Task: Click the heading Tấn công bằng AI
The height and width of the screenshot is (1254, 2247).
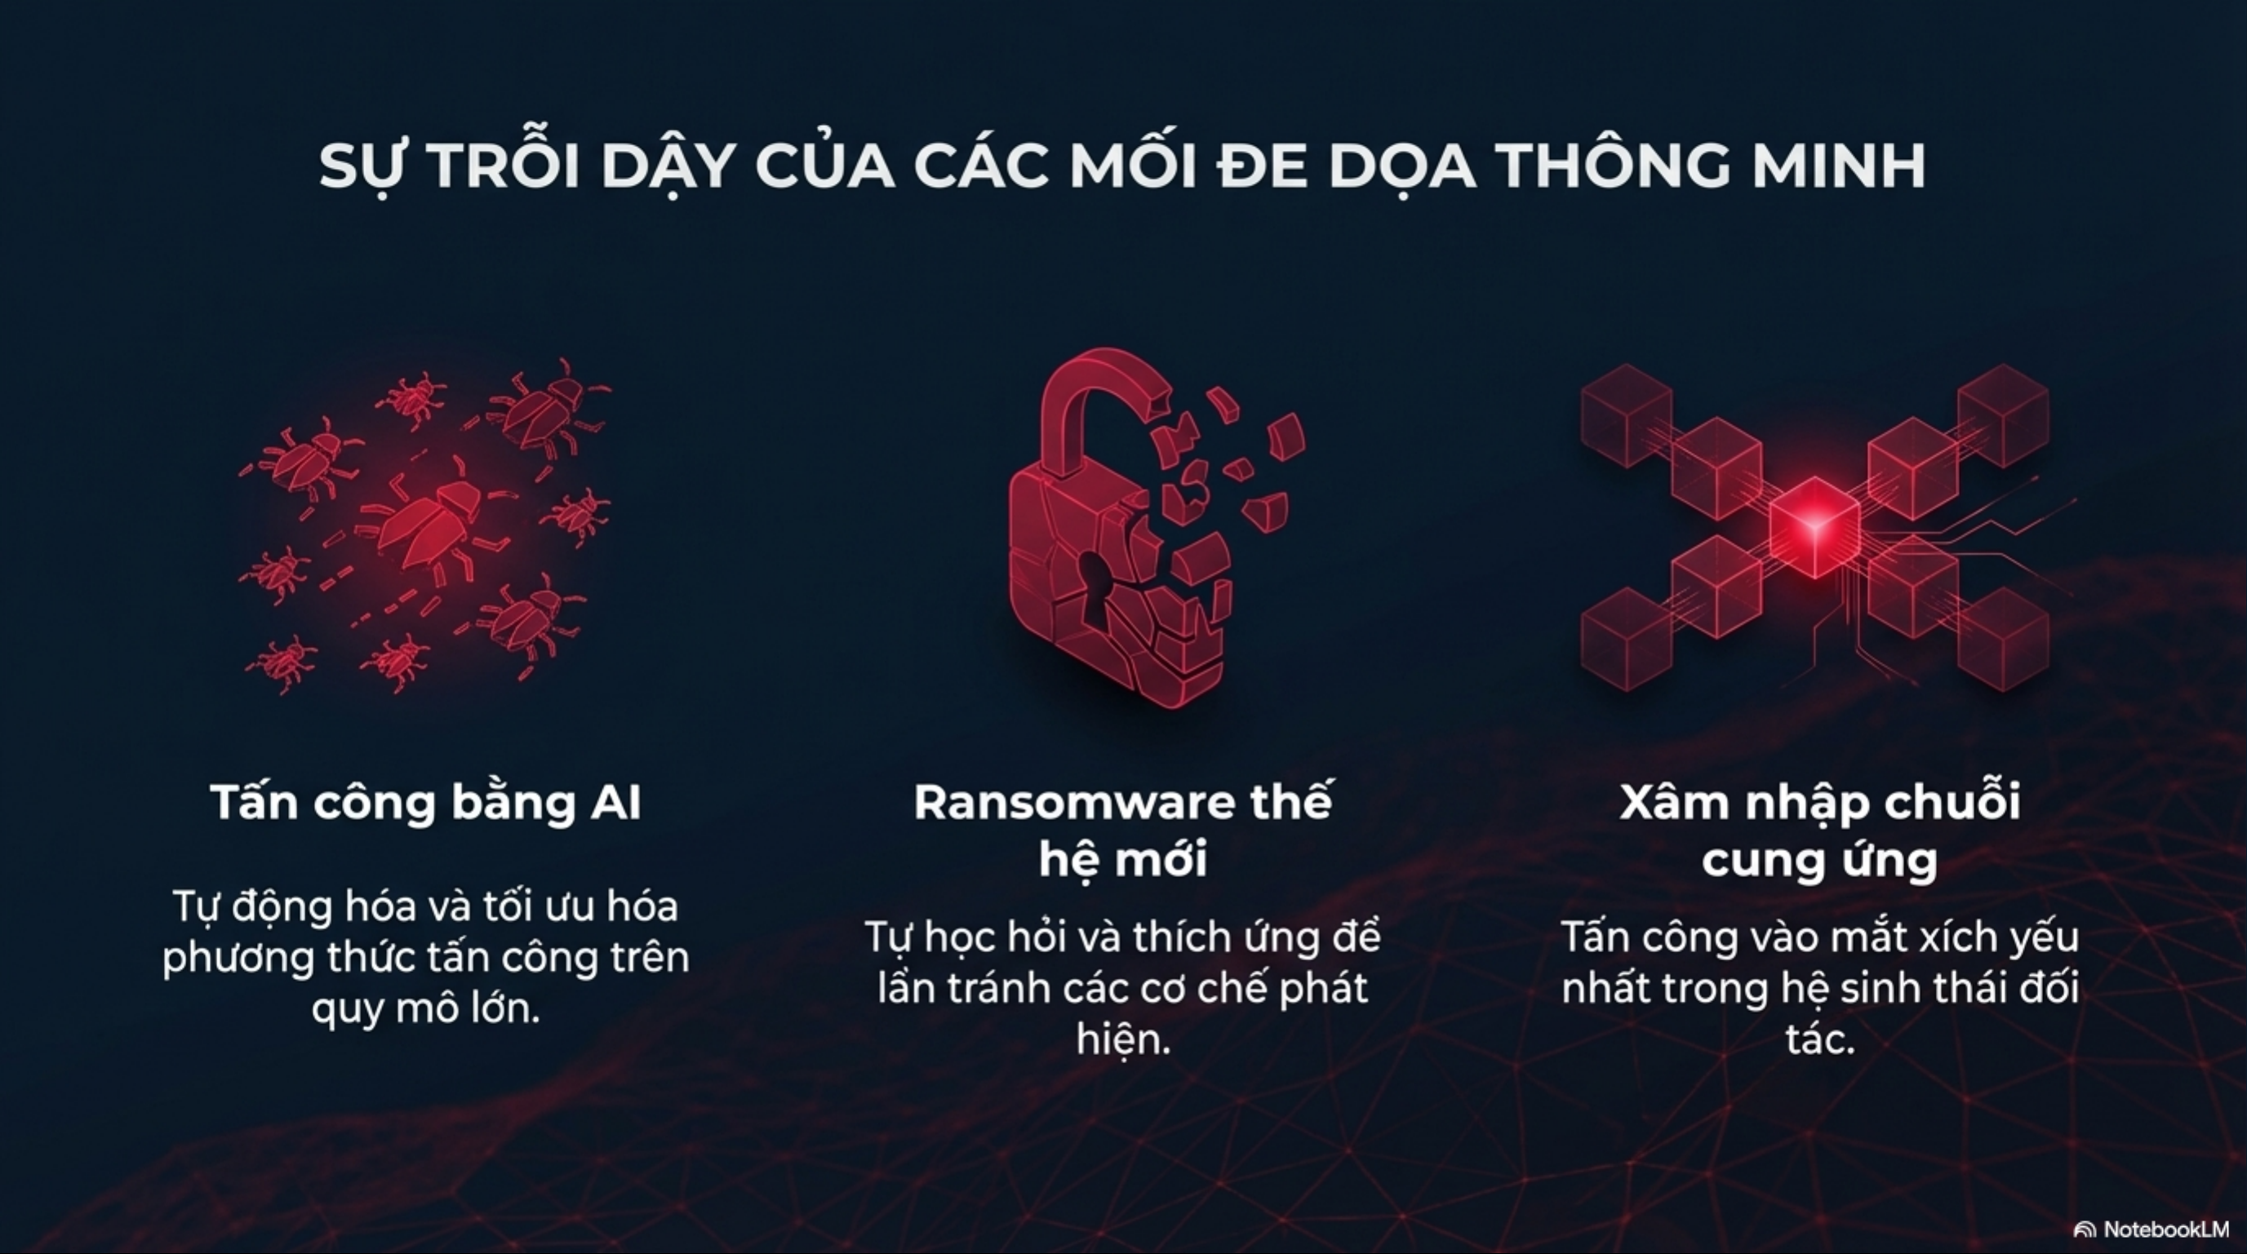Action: [426, 801]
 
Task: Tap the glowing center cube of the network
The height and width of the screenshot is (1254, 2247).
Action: [1814, 527]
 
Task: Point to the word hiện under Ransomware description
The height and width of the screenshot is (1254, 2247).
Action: [1122, 1040]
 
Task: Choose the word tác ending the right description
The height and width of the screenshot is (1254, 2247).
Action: [1819, 1039]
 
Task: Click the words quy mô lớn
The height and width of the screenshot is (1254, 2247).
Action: [426, 1009]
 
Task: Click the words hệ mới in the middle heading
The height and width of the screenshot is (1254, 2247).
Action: [1123, 860]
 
